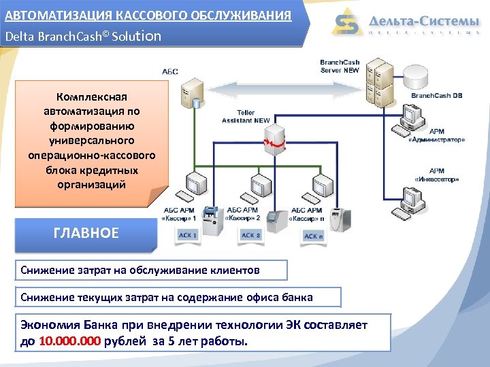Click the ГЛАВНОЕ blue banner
tap(86, 233)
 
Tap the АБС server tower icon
tap(191, 92)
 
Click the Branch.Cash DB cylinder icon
tap(426, 75)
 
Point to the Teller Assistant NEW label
tap(246, 116)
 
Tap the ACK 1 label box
tap(187, 235)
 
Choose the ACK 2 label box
tap(250, 235)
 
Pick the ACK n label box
tap(314, 236)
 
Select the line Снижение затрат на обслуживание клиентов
tap(140, 270)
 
